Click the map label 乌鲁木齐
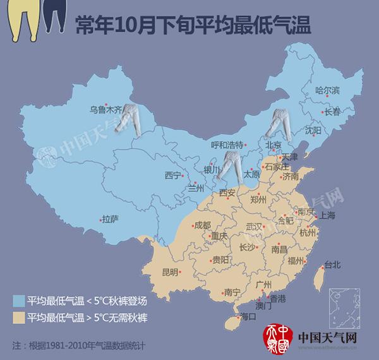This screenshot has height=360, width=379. tap(104, 110)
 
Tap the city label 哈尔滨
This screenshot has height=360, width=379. tap(327, 92)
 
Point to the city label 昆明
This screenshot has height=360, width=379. tap(170, 272)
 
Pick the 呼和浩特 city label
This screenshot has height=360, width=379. tap(226, 145)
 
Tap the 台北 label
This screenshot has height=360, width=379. tap(332, 265)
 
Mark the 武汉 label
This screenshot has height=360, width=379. tap(256, 227)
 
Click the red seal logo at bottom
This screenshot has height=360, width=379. tap(276, 339)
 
